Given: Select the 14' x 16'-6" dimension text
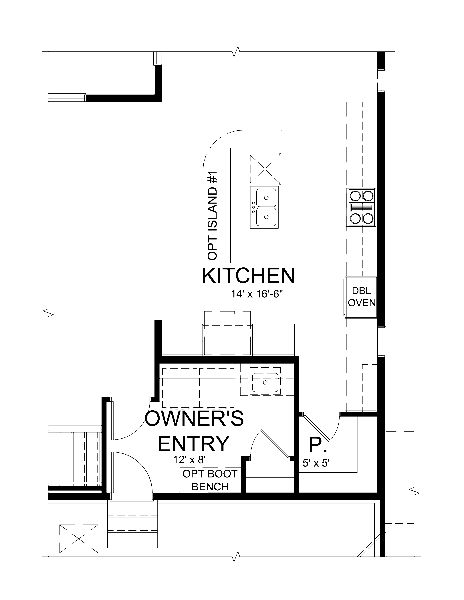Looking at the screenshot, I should (257, 294).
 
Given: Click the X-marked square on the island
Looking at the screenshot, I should (265, 169).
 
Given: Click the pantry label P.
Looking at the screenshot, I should (318, 445).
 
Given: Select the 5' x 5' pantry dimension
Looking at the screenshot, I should (316, 463).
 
